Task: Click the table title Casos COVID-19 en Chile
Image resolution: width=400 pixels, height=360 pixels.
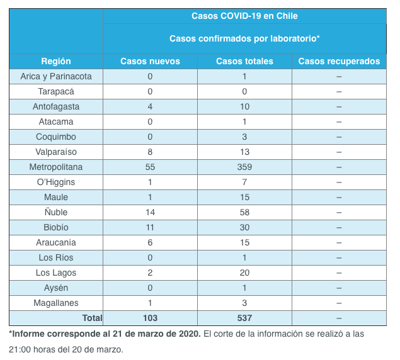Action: (244, 16)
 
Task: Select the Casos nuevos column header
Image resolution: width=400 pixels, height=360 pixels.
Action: (150, 61)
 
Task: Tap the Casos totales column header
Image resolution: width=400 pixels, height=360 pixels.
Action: (244, 61)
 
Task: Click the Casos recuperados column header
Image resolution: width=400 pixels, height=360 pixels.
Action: (339, 61)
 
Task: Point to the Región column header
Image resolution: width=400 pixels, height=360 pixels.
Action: (56, 61)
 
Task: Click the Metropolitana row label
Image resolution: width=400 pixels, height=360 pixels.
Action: (56, 167)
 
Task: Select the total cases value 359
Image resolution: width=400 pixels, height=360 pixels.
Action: (244, 167)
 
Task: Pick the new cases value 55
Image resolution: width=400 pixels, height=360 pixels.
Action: (150, 167)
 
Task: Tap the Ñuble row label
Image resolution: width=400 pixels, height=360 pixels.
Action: (56, 212)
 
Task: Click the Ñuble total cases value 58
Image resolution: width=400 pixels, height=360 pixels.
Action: (244, 212)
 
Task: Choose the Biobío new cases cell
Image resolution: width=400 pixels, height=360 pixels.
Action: (150, 227)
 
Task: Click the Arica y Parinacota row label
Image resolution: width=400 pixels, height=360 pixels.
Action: (56, 76)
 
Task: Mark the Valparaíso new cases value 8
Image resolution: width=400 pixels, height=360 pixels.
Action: (150, 152)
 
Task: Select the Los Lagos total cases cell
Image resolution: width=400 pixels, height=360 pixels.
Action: (244, 273)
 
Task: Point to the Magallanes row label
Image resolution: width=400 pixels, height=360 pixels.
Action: (56, 303)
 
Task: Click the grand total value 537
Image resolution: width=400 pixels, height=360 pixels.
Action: (244, 318)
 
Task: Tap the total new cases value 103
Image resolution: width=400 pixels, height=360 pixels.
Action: (150, 318)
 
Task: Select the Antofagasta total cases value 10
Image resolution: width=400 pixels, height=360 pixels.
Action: (244, 106)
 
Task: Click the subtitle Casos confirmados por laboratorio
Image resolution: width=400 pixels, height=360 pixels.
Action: (244, 38)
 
